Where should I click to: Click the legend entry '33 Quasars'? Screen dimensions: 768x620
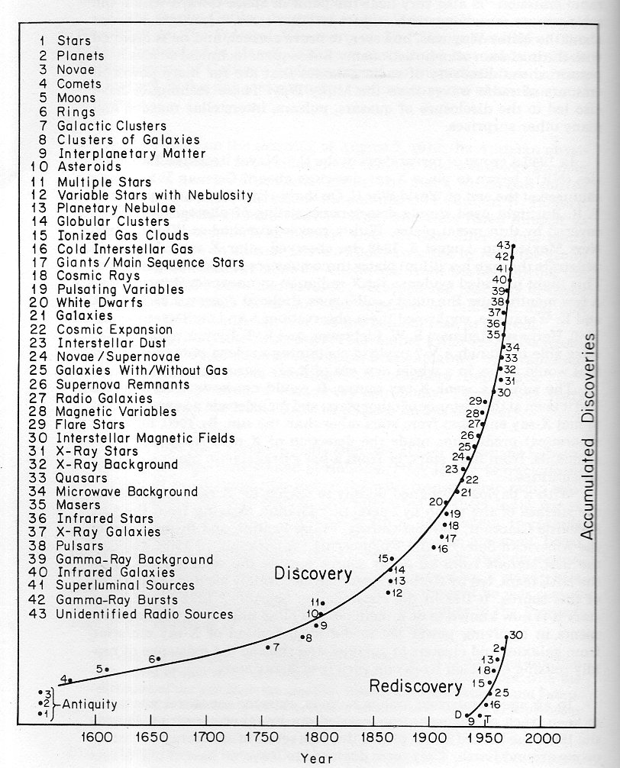coord(92,478)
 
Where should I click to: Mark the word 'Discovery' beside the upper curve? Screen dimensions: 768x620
coord(313,573)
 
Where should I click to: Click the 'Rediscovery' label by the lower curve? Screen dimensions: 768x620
coord(412,686)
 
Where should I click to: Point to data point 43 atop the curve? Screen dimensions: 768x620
coord(513,246)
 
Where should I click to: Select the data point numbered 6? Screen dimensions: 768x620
coord(158,658)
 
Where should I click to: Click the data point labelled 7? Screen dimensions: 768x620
coord(268,647)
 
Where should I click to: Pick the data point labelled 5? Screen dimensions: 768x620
coord(107,670)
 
